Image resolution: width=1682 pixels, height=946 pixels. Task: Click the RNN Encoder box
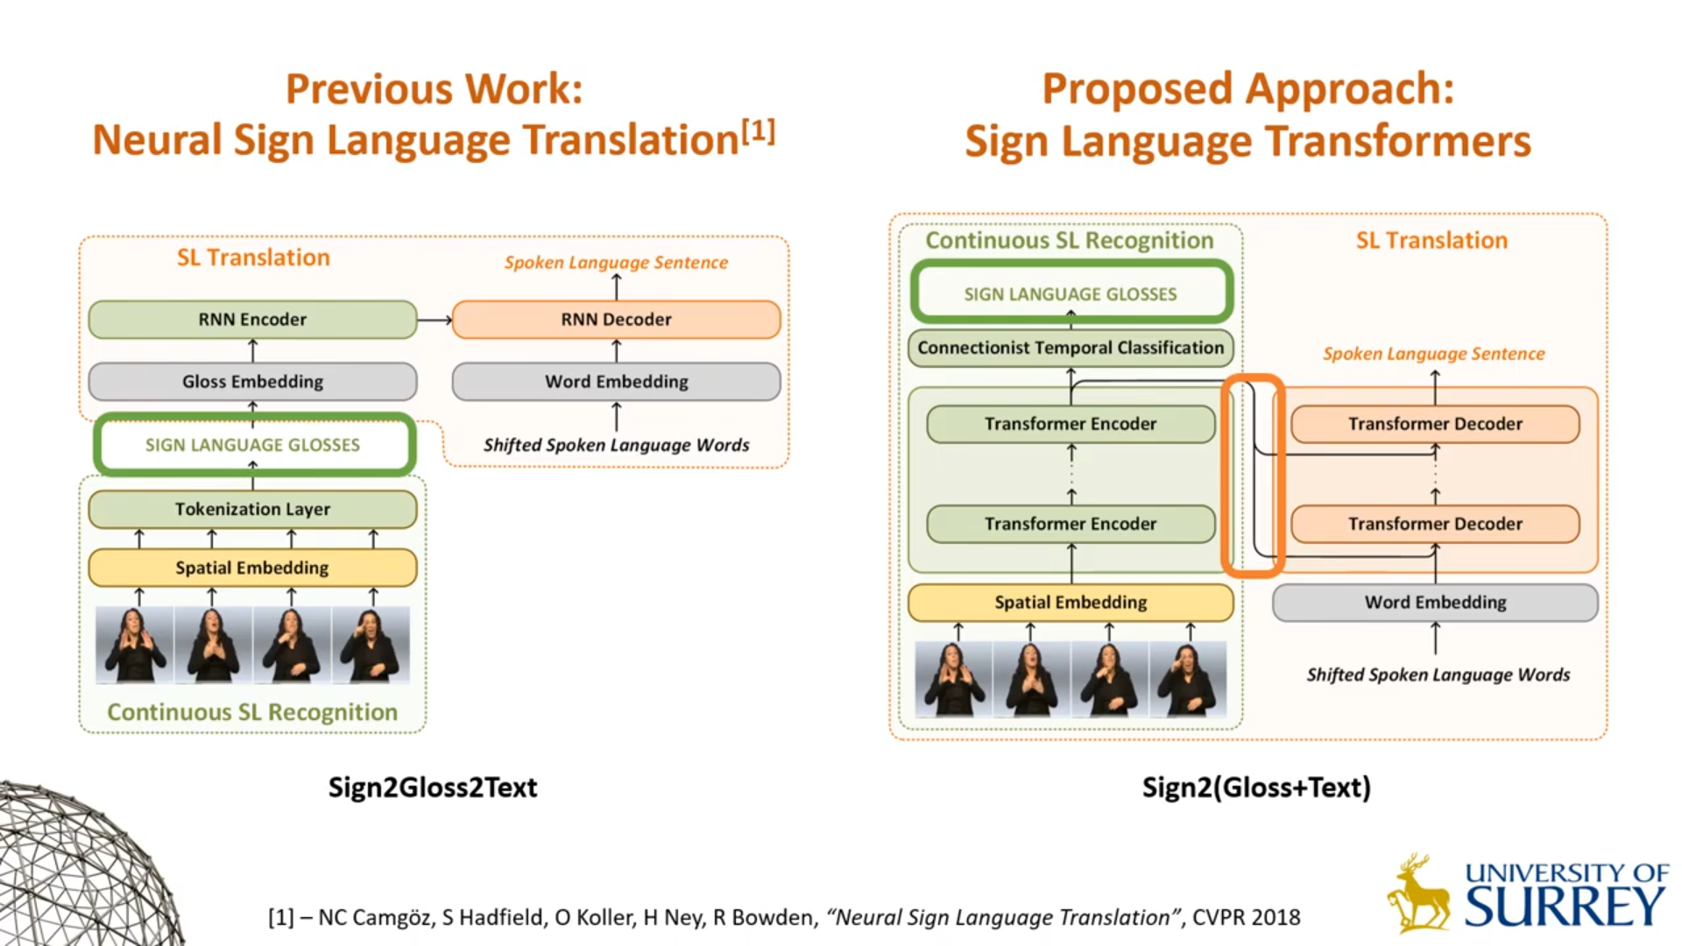tap(252, 320)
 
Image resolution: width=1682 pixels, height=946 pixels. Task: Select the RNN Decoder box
tap(616, 320)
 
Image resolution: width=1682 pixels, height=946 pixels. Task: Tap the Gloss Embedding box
tap(252, 382)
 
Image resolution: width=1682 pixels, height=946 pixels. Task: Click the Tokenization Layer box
tap(252, 509)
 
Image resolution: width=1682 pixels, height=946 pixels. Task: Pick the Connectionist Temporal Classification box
tap(1070, 348)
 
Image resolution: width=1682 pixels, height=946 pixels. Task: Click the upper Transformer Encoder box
tap(1070, 424)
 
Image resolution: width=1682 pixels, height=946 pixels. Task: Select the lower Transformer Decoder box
tap(1435, 524)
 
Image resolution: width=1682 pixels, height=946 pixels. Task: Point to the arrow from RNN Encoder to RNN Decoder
tap(435, 321)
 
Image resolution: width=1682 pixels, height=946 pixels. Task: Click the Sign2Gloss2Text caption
tap(433, 787)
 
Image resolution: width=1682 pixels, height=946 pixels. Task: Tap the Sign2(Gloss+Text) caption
tap(1256, 787)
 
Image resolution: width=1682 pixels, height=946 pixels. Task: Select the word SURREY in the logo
tap(1565, 907)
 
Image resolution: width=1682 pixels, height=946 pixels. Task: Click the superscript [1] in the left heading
tap(759, 131)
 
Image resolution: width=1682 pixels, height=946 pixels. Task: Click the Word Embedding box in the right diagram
tap(1435, 603)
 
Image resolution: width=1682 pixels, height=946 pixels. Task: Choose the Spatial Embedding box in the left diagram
tap(252, 568)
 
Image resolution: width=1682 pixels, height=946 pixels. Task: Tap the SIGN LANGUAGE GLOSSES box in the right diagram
tap(1071, 293)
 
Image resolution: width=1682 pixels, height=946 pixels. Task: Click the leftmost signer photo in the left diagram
tap(135, 645)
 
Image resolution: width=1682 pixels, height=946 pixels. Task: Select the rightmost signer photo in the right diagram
tap(1188, 680)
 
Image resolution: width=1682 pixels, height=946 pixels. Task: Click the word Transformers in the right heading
tap(1397, 142)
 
